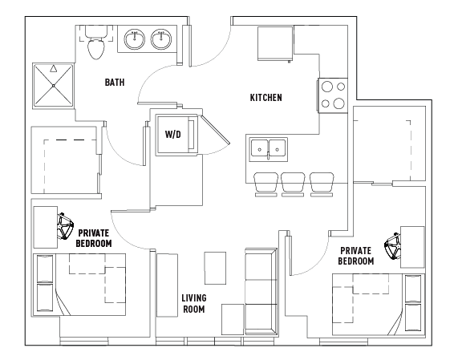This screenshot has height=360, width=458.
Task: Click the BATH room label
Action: pos(115,83)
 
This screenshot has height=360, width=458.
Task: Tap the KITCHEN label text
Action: pos(265,98)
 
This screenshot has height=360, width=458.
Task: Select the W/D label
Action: pos(173,135)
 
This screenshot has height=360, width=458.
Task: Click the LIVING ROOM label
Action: pos(194,304)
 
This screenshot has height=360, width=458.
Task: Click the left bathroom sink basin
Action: pos(135,39)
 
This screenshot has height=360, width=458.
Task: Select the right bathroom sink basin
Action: pos(161,39)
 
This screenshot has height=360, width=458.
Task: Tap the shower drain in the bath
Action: pos(54,86)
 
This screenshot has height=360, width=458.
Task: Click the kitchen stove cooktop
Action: pos(333,95)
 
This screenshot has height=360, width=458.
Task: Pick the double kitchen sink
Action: pos(269,149)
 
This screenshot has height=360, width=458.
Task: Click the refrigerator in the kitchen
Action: pos(275,44)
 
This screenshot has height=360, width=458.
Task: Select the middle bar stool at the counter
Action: pos(293,184)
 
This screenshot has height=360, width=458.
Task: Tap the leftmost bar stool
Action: pos(265,184)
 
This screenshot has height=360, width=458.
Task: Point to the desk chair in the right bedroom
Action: pos(392,246)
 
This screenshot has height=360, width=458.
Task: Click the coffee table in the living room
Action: pos(215,268)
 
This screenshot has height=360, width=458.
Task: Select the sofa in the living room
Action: pos(261,291)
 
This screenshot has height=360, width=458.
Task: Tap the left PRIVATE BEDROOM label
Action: pos(94,238)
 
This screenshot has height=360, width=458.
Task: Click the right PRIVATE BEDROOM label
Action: pos(356,256)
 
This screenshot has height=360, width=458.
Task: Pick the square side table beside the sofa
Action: pos(233,319)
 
